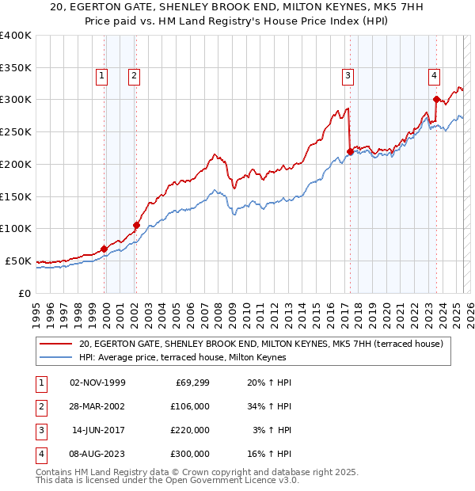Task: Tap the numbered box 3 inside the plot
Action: pos(348,76)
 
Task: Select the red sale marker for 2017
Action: pos(350,151)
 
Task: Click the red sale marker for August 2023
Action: pos(436,100)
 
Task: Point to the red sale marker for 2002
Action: pos(136,225)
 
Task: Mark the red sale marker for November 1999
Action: pos(104,249)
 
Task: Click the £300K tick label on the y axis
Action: pos(16,100)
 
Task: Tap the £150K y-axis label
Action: pos(16,196)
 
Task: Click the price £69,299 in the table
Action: pos(191,383)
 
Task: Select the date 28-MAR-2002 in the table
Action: pos(98,406)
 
